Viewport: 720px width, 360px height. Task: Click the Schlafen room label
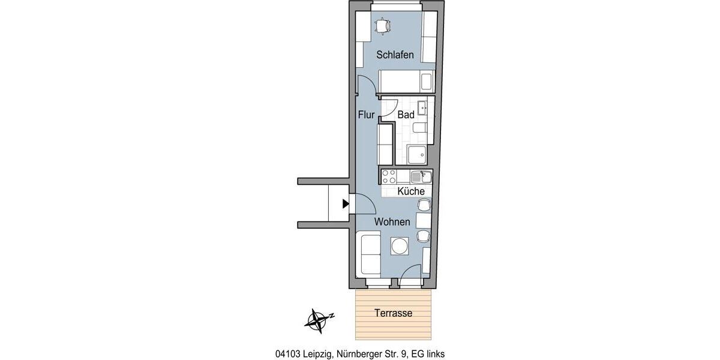pos(395,55)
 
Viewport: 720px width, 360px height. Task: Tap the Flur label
pos(367,114)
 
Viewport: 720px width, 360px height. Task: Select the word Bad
pos(406,114)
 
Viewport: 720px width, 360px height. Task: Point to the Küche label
pos(411,191)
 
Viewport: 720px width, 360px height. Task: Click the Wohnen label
pos(392,222)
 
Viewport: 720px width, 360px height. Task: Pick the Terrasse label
pos(394,313)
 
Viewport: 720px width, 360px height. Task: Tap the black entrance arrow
pos(345,204)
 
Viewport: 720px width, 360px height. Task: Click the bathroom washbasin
pos(423,109)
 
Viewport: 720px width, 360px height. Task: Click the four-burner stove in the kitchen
pos(389,176)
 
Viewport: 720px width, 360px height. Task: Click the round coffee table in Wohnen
pos(399,246)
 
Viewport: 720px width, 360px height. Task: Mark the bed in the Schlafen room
pos(406,81)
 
